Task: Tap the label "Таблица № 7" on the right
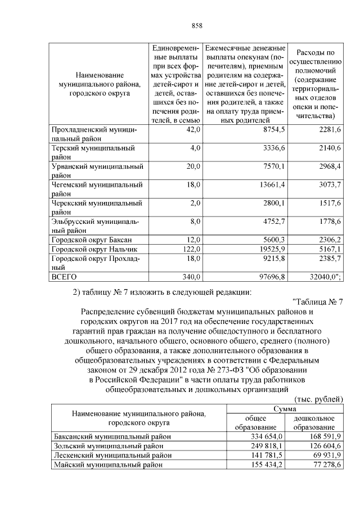click(318, 301)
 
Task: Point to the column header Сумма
click(285, 409)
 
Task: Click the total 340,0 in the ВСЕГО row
click(190, 277)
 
